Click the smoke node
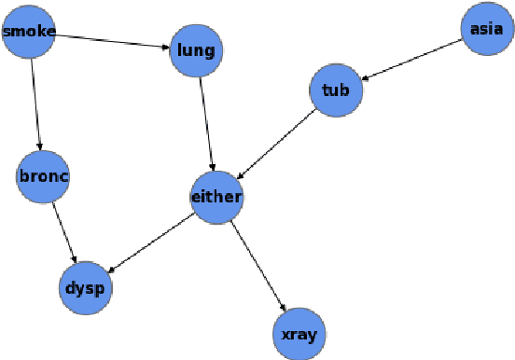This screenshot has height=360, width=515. coord(29,33)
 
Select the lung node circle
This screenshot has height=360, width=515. coord(194,50)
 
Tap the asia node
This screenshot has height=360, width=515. coord(487,29)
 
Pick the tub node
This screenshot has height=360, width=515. coord(335,90)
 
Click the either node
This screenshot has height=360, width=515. coord(216,197)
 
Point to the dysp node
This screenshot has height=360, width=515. coord(85,287)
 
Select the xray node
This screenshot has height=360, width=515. coord(299,333)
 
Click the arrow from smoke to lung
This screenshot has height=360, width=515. coord(112,41)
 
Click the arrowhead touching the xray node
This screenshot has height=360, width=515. coord(284,306)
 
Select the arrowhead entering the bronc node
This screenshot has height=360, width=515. coord(40,145)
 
